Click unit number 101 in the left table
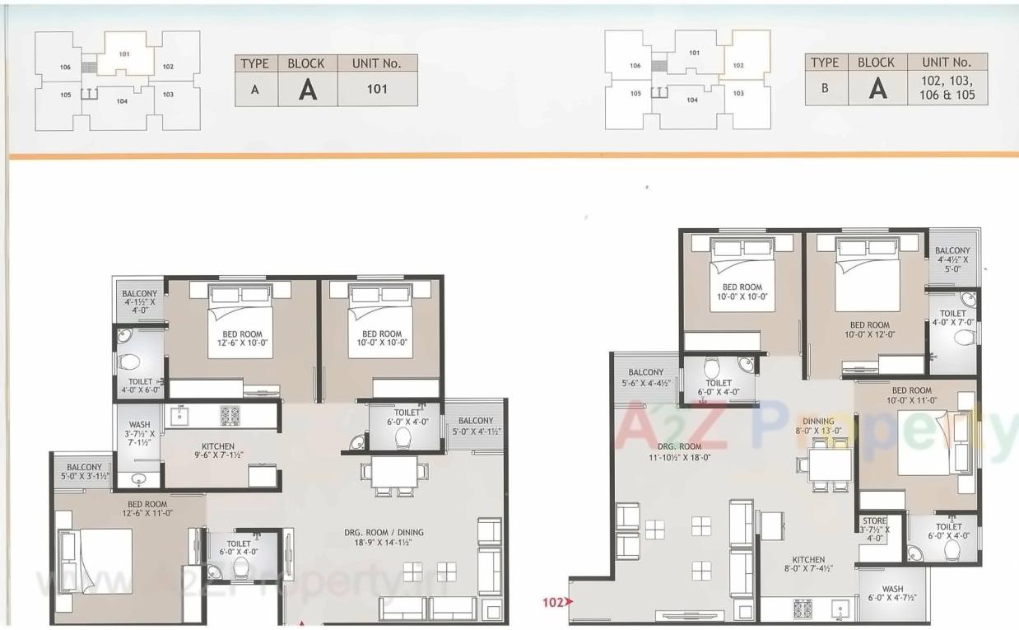click(377, 89)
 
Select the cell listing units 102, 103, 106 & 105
click(947, 88)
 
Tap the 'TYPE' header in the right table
click(825, 63)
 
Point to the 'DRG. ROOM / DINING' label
click(384, 538)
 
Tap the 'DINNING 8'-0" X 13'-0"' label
click(814, 426)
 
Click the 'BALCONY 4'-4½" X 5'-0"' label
click(952, 259)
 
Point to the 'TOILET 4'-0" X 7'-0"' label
click(953, 318)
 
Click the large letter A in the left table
click(307, 89)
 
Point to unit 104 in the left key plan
click(121, 101)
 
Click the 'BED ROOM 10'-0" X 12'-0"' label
click(869, 329)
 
